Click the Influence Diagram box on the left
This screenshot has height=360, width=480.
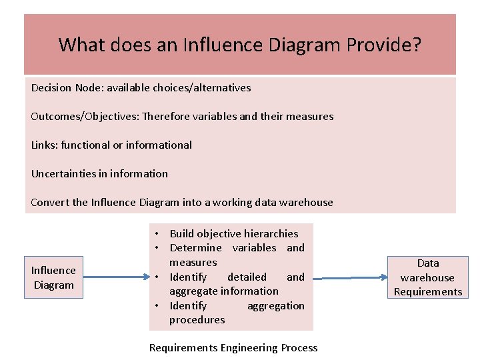pos(53,277)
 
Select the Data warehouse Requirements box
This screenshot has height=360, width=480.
pos(428,277)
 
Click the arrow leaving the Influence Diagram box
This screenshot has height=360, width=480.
pos(116,278)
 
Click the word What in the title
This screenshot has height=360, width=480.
pos(81,45)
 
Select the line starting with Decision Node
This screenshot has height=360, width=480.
pos(141,87)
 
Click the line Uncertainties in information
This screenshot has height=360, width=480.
pos(99,173)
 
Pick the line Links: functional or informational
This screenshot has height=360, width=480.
pos(111,145)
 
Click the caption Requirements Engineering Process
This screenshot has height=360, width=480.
pos(233,347)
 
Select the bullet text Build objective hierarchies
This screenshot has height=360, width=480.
pos(234,233)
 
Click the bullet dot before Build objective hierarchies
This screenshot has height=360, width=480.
pos(155,233)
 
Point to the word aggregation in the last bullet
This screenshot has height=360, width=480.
pos(275,305)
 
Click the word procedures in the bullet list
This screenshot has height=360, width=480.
pos(197,319)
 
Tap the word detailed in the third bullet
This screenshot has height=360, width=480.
pos(247,277)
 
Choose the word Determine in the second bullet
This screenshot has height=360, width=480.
pos(195,247)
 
